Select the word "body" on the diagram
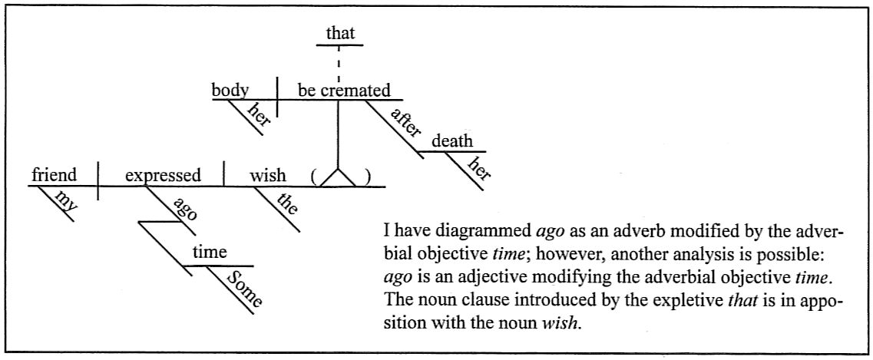tap(230, 91)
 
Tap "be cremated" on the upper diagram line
tap(343, 91)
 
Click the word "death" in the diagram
tap(452, 142)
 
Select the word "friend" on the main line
tap(54, 175)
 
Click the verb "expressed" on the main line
tap(163, 175)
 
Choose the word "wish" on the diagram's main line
tap(267, 175)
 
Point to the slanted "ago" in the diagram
tap(184, 209)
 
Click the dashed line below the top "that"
tap(339, 62)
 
